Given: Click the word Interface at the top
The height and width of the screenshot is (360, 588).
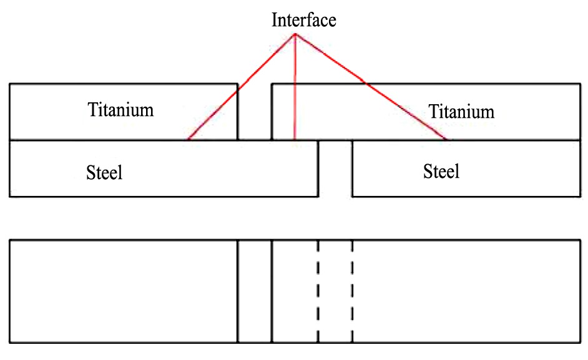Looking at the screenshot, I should click(x=303, y=20).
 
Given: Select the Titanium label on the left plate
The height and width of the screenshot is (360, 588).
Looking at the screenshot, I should click(x=120, y=110).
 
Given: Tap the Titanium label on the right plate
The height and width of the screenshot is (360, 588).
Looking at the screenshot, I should click(x=461, y=112).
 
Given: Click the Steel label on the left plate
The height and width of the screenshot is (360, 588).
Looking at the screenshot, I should click(x=104, y=172).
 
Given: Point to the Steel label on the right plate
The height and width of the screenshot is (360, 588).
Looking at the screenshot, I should click(x=441, y=170).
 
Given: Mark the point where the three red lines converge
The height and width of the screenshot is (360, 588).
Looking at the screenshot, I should click(x=295, y=34).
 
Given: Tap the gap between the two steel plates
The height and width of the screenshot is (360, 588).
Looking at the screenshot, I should click(x=335, y=168).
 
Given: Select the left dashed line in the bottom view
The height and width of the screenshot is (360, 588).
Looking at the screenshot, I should click(x=318, y=291).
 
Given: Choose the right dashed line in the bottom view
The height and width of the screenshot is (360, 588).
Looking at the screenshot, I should click(x=352, y=291).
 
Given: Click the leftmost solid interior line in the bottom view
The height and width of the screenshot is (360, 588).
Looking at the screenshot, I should click(x=238, y=291).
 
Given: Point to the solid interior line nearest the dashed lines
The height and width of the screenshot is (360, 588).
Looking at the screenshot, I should click(x=272, y=291).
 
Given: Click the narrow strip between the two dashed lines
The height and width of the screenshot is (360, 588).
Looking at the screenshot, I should click(x=335, y=291).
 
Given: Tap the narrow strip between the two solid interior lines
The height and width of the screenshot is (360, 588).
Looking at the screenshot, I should click(x=255, y=291).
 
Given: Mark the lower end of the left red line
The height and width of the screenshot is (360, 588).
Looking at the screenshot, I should click(x=188, y=139).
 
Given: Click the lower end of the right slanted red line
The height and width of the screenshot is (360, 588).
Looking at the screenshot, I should click(x=447, y=139).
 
